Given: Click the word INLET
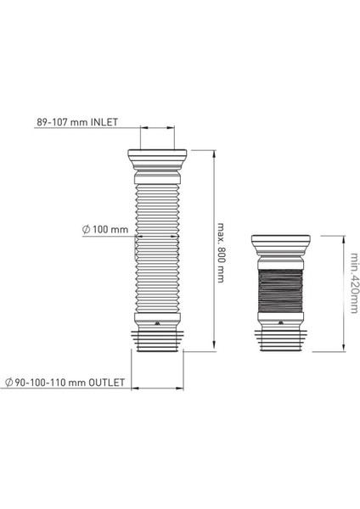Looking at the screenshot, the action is tap(104, 122).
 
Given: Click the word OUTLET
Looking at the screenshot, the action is tap(107, 383).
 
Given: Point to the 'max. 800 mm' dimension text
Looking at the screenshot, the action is tap(221, 253).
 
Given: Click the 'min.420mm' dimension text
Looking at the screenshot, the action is tap(354, 283).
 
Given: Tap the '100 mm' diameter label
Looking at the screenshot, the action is tap(110, 230).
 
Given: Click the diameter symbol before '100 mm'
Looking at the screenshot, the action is tap(86, 230).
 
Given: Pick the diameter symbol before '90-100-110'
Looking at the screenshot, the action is tap(8, 383).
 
